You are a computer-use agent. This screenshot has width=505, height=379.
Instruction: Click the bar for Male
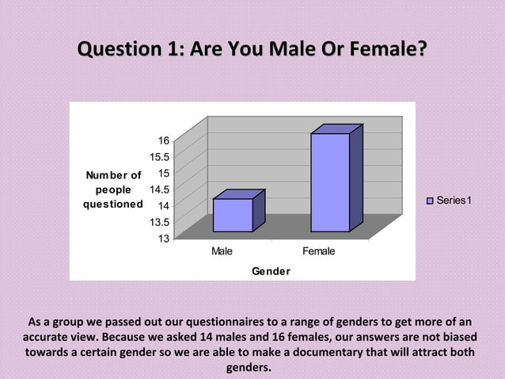pyautogui.click(x=233, y=214)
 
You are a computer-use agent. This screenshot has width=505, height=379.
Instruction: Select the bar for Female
pyautogui.click(x=330, y=182)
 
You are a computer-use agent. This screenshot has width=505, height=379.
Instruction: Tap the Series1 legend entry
pyautogui.click(x=449, y=201)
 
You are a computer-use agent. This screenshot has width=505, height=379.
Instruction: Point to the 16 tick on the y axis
pyautogui.click(x=161, y=140)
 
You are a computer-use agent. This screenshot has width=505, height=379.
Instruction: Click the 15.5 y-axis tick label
pyautogui.click(x=158, y=157)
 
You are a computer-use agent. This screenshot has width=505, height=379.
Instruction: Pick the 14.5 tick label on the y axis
pyautogui.click(x=158, y=189)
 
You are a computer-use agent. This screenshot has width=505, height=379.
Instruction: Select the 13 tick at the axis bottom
pyautogui.click(x=161, y=238)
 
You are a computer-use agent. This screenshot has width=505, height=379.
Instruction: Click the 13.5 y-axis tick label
pyautogui.click(x=158, y=222)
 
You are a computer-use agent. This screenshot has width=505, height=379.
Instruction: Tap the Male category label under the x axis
pyautogui.click(x=222, y=251)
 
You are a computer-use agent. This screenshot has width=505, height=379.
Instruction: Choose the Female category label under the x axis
pyautogui.click(x=319, y=251)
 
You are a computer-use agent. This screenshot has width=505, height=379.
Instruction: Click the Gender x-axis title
pyautogui.click(x=271, y=271)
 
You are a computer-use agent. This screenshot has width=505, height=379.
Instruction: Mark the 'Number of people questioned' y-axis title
pyautogui.click(x=114, y=189)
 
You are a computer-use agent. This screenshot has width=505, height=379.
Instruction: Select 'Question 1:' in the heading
pyautogui.click(x=126, y=49)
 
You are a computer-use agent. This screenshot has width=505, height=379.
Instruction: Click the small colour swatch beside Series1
pyautogui.click(x=431, y=201)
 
